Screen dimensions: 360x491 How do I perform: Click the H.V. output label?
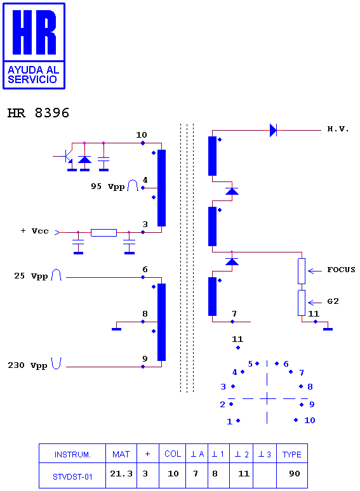tap(338, 129)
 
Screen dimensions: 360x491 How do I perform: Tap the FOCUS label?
tap(341, 270)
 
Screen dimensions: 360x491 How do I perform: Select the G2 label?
tap(333, 301)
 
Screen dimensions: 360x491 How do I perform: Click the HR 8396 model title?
tap(38, 113)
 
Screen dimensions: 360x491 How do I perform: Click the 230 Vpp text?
tap(27, 365)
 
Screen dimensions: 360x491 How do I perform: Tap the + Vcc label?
tap(34, 231)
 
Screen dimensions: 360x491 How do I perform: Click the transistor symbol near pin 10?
tap(67, 156)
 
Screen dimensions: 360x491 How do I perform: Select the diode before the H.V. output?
tap(273, 130)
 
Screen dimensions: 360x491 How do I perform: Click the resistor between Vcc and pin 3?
tap(103, 232)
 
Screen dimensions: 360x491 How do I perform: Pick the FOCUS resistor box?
tap(302, 271)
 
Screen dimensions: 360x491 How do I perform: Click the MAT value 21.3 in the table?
tap(121, 473)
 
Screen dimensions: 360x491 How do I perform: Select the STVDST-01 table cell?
tap(72, 476)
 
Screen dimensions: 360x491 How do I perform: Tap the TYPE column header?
tap(291, 454)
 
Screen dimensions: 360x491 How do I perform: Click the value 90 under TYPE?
tap(295, 473)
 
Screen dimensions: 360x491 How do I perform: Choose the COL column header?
tap(173, 454)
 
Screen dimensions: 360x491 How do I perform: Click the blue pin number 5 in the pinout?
tap(250, 364)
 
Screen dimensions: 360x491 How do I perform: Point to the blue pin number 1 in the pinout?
tap(229, 421)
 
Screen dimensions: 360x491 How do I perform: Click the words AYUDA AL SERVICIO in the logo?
tap(33, 74)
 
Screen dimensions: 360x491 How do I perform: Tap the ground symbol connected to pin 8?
tap(117, 329)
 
